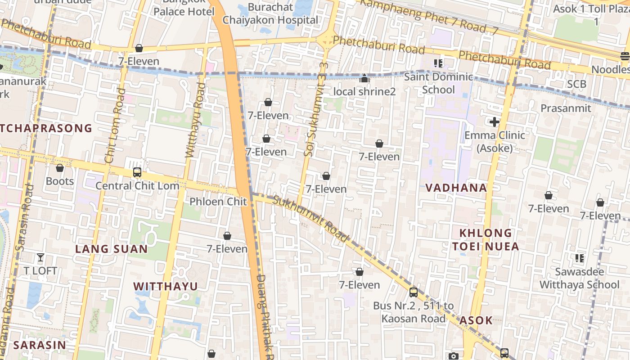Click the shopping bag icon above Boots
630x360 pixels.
(x=60, y=168)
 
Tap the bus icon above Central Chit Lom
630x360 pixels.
(x=137, y=172)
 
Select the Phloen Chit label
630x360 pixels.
(x=218, y=202)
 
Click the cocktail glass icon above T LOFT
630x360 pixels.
(x=40, y=257)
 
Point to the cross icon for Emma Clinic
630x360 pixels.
(x=495, y=122)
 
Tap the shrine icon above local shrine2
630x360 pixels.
(x=364, y=79)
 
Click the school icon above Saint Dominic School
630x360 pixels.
(x=438, y=63)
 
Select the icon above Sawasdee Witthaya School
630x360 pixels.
(x=580, y=258)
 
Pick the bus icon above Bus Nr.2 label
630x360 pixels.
(x=414, y=292)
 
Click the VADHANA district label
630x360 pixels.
(x=456, y=188)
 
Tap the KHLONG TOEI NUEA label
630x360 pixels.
(x=486, y=239)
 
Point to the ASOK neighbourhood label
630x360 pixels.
(x=476, y=320)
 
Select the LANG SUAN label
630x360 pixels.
(x=111, y=249)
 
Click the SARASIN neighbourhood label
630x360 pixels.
(x=40, y=345)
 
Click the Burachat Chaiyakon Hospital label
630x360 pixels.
(x=270, y=14)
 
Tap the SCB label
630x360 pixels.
(x=576, y=84)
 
